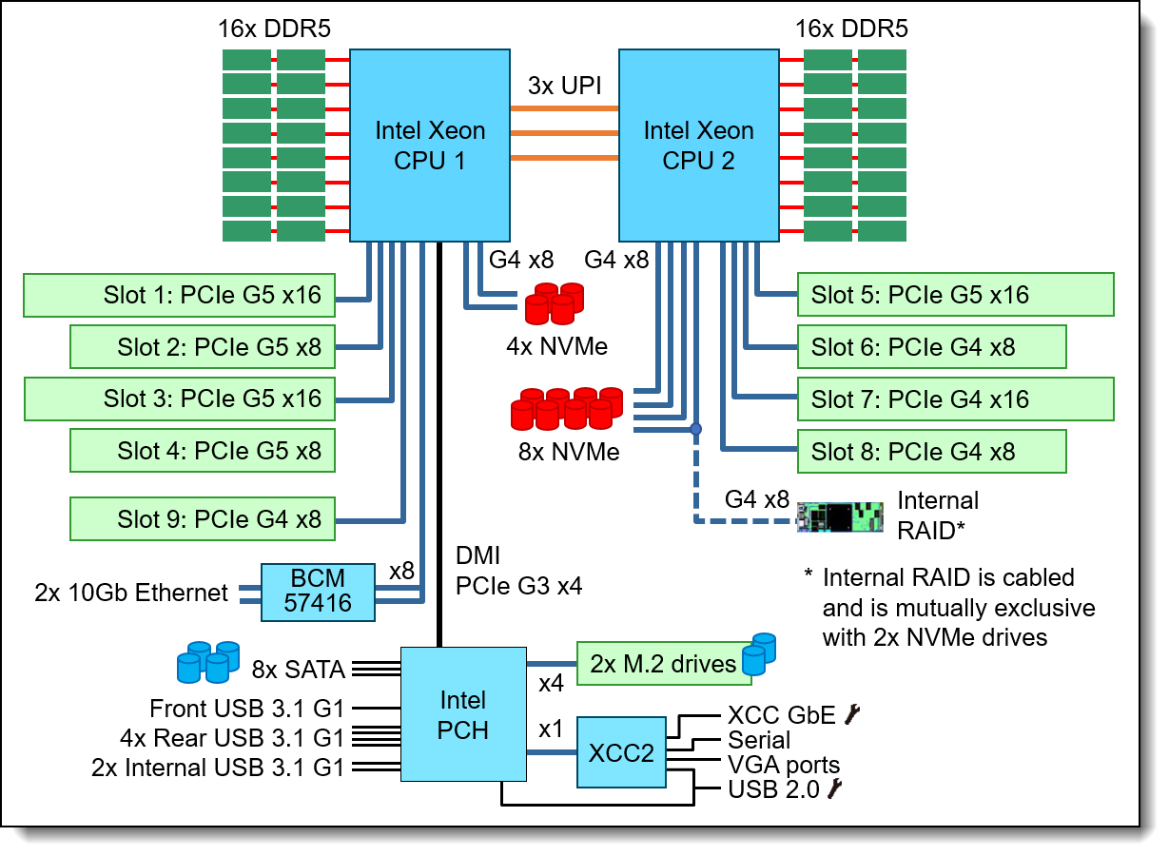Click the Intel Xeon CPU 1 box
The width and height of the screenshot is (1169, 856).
click(x=429, y=146)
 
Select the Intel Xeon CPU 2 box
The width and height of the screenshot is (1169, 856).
click(x=698, y=146)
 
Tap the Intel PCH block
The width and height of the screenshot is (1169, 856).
click(x=463, y=714)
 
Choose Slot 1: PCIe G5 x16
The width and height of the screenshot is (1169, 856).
click(x=179, y=296)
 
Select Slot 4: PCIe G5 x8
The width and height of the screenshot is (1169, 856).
click(x=202, y=450)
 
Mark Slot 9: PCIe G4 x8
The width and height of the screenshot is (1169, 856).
click(x=202, y=519)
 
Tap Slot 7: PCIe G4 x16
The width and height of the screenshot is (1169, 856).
click(x=955, y=399)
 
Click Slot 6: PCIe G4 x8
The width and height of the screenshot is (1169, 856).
click(x=931, y=347)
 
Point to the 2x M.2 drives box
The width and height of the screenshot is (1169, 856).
click(x=663, y=663)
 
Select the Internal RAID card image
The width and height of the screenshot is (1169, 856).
click(x=842, y=517)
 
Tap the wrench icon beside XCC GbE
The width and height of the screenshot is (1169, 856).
click(x=853, y=713)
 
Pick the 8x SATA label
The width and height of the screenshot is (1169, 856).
click(x=299, y=670)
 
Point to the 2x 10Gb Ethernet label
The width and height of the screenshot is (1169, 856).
click(x=131, y=593)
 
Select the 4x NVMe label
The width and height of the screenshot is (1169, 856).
click(x=556, y=347)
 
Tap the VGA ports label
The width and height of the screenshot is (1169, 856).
click(x=784, y=765)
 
